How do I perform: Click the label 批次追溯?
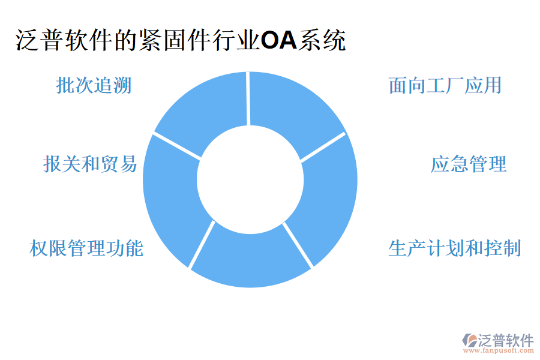94,86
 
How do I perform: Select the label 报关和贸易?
90,163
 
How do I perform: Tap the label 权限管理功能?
86,248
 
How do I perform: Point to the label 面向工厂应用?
445,86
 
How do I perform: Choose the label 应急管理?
469,163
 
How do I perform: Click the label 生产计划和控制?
454,248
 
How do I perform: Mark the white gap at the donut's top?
248,98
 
